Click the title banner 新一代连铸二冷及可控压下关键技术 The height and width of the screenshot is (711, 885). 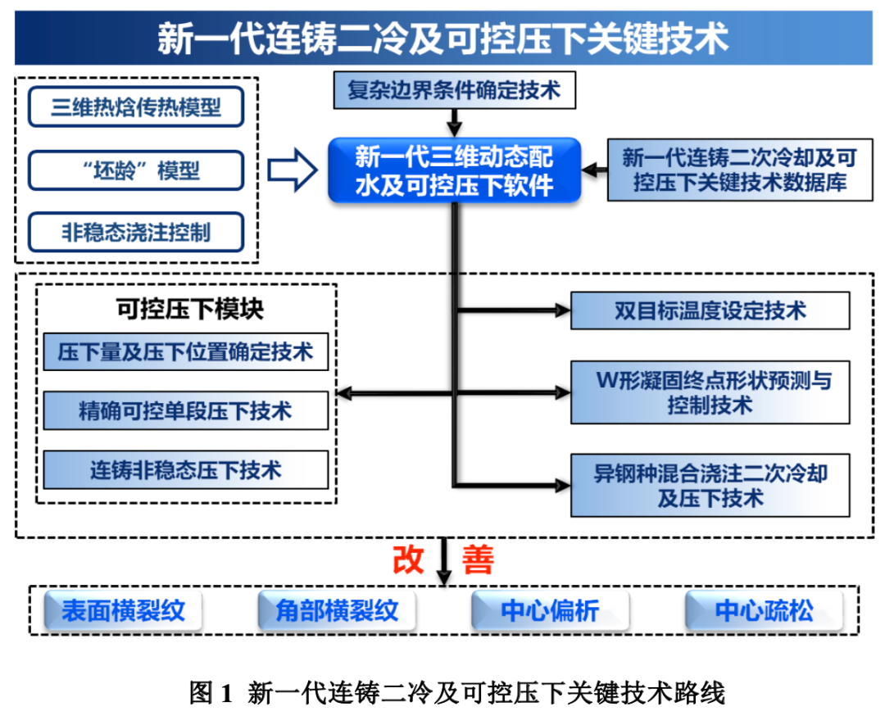click(442, 38)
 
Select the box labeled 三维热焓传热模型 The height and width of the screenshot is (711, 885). click(136, 106)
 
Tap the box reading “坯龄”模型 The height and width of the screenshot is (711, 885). click(136, 170)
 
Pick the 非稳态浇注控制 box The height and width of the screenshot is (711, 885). click(136, 232)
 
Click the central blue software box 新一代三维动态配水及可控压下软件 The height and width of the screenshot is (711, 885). click(454, 170)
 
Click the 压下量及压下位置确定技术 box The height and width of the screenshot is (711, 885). click(185, 352)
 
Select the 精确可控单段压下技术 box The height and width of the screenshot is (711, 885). click(185, 410)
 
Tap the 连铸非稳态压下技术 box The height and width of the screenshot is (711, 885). click(185, 470)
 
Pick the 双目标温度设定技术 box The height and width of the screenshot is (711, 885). click(710, 310)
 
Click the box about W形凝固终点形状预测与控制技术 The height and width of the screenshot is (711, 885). click(710, 392)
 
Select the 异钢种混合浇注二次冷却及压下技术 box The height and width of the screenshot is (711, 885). click(710, 485)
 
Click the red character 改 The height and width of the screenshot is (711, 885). click(408, 559)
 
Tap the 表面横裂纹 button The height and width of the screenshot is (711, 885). click(123, 611)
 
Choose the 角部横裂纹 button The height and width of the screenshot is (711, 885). click(336, 611)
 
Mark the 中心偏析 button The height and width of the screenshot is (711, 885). click(550, 611)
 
